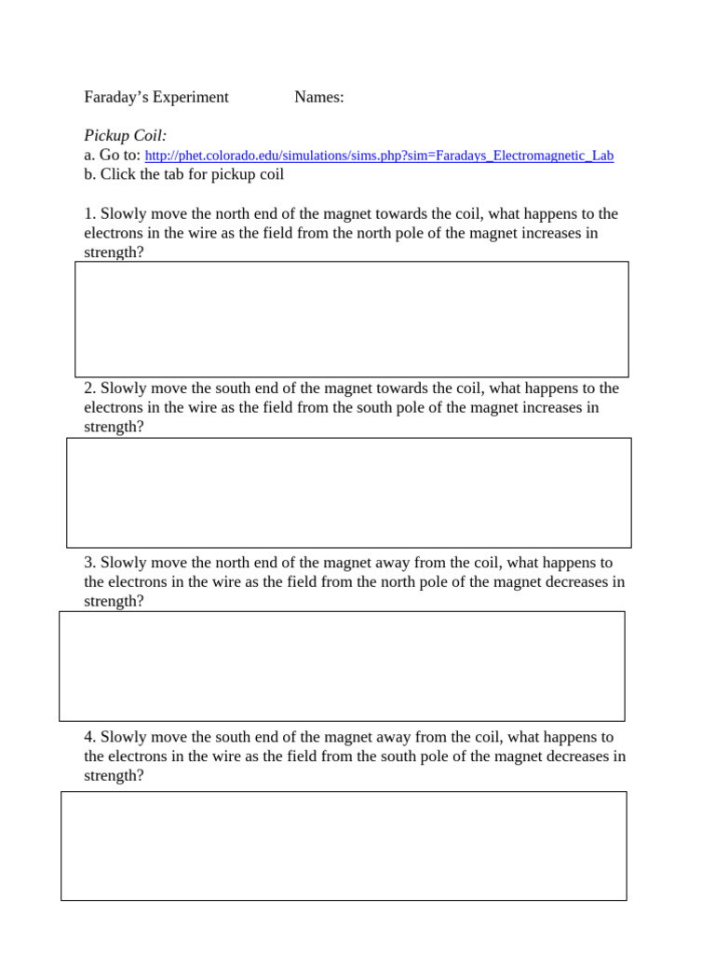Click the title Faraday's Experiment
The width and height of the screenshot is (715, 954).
(x=155, y=97)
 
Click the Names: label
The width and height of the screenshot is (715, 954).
(x=318, y=97)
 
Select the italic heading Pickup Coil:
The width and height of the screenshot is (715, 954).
(x=125, y=136)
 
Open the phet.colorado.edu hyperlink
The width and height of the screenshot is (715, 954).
(x=379, y=156)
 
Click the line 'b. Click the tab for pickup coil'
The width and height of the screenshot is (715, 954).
(x=183, y=174)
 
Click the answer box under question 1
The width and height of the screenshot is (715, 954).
(x=351, y=319)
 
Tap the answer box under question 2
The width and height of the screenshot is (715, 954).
(x=348, y=492)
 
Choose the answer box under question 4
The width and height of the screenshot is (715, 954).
(x=344, y=845)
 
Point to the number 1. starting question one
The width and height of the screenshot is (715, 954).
(x=89, y=214)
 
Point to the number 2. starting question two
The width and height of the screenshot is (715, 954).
(x=89, y=388)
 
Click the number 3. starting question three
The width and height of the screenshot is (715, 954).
(x=89, y=563)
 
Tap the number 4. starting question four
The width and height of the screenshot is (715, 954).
(x=89, y=737)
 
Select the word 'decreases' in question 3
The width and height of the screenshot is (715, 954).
(x=570, y=582)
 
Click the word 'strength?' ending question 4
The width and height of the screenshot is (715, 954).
(x=114, y=775)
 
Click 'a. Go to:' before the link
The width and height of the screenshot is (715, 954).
(x=112, y=156)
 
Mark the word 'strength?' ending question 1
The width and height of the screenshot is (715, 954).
(x=114, y=252)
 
